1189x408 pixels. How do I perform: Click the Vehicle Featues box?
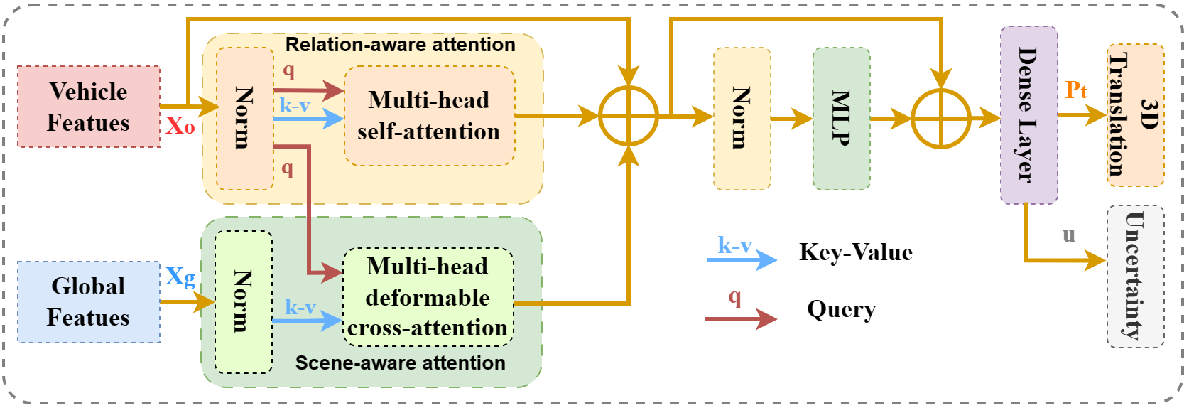pos(89,107)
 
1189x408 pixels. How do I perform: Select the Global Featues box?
pos(89,302)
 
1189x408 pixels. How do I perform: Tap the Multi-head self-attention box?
pos(429,116)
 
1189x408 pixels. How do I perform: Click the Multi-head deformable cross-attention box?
pos(428,297)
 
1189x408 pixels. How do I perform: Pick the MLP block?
pos(841,119)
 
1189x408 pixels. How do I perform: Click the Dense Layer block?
pos(1028,115)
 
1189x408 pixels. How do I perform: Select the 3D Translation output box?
pos(1135,115)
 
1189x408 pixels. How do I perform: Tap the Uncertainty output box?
pos(1135,277)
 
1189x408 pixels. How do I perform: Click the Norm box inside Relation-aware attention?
pos(245,119)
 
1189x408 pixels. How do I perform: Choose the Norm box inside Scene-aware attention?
pos(244,302)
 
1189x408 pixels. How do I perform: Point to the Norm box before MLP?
pos(742,119)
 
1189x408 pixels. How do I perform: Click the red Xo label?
pos(180,126)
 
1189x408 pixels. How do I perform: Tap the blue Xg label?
pos(180,276)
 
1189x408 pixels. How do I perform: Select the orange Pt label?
pos(1075,90)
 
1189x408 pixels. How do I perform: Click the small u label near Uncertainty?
pos(1069,235)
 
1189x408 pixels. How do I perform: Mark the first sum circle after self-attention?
pos(629,116)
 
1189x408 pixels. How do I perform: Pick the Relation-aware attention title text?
pos(400,45)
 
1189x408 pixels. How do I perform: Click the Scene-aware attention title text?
pos(400,363)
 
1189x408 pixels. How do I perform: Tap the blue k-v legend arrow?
pos(742,260)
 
